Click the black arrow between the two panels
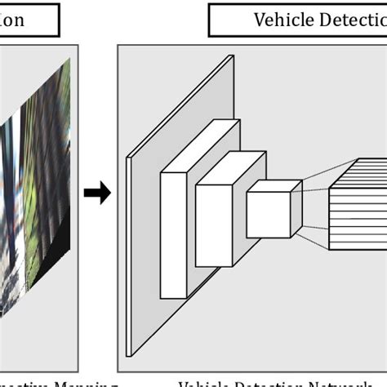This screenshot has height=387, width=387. (97, 193)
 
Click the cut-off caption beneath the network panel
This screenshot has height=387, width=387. (278, 380)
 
